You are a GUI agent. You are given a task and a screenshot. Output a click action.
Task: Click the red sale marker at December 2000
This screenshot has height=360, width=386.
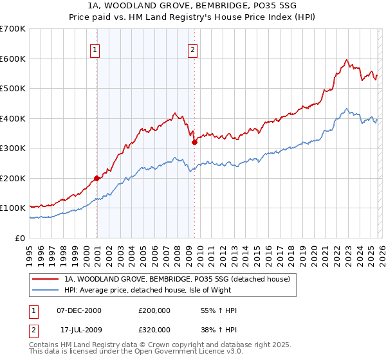(96, 178)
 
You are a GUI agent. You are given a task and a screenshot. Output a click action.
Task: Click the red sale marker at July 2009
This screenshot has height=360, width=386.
(194, 143)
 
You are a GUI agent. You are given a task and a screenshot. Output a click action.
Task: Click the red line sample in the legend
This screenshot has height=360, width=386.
(45, 279)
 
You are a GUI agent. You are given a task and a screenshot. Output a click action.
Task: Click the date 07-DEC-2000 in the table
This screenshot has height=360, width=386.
(79, 310)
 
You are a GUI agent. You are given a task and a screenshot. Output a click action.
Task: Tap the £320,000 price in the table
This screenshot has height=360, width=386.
(154, 330)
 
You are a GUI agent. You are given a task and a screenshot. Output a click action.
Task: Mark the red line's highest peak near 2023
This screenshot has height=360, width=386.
(346, 60)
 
